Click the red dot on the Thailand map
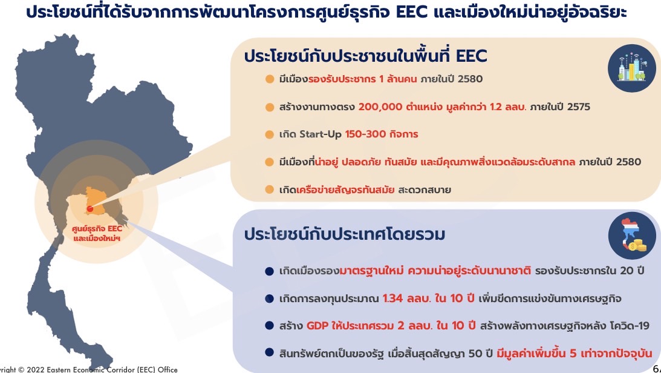(90, 209)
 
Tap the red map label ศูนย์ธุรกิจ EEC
(97, 229)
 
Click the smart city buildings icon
(631, 67)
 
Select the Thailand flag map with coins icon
(632, 236)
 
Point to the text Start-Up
(320, 134)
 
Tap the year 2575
(578, 107)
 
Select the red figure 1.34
(392, 299)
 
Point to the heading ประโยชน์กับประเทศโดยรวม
(345, 234)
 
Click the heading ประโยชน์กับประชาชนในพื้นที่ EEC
(365, 56)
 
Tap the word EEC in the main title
(412, 12)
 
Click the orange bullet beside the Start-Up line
(270, 134)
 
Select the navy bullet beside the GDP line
(270, 326)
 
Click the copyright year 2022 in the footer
(35, 369)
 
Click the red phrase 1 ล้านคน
(398, 79)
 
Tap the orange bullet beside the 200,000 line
(270, 107)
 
